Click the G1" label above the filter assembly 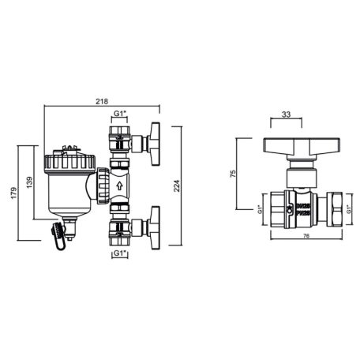click(x=118, y=114)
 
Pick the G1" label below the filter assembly click(x=118, y=254)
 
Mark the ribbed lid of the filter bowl click(x=68, y=163)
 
